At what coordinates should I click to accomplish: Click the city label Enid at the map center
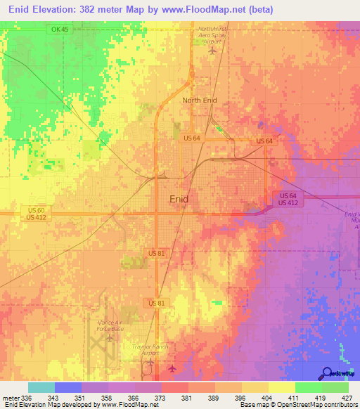(x=179, y=199)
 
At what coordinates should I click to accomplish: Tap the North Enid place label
(x=200, y=100)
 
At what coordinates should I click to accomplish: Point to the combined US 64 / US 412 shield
(x=288, y=199)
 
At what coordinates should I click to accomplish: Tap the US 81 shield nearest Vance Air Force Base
(x=157, y=302)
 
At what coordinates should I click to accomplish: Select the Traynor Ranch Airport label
(x=148, y=349)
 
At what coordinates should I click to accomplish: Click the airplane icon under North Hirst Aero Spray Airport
(x=212, y=50)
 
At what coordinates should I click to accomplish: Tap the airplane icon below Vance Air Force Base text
(x=110, y=338)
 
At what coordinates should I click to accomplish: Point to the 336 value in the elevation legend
(x=27, y=398)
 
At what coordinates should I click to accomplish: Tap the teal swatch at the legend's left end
(x=41, y=387)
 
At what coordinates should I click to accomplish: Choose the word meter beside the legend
(x=10, y=398)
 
